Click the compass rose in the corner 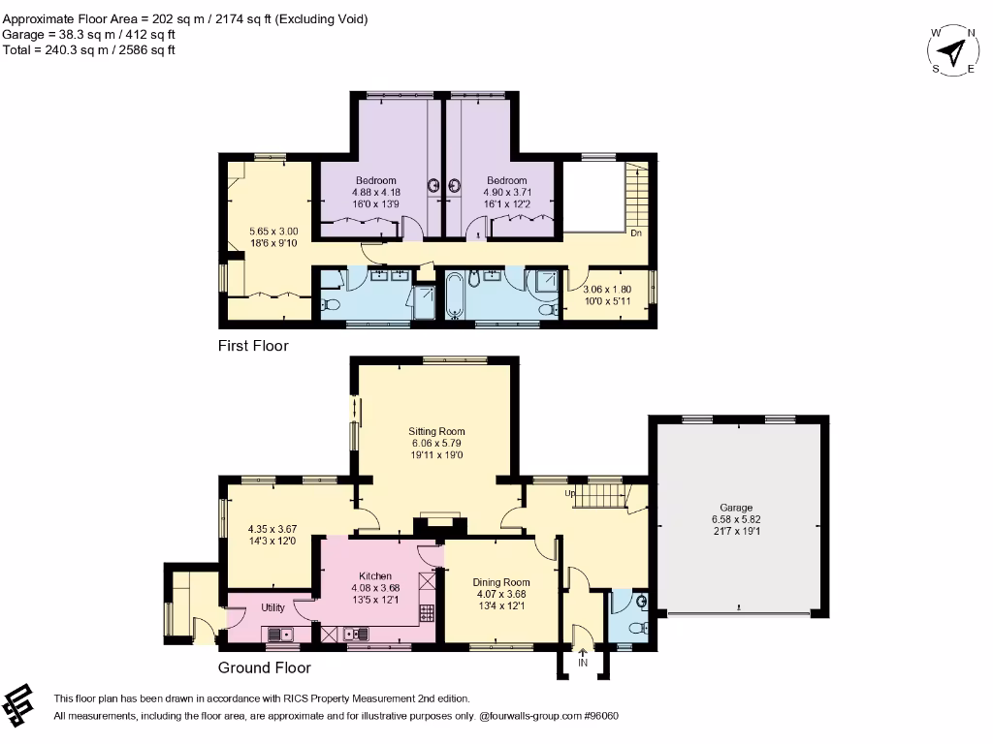(954, 49)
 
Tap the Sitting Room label (436, 432)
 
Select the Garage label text (735, 508)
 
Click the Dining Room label (499, 582)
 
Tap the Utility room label (272, 607)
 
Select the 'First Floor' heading (253, 346)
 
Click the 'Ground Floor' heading (264, 667)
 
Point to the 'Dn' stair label (636, 233)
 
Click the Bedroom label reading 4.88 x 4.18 (375, 181)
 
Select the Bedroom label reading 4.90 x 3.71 (506, 181)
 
